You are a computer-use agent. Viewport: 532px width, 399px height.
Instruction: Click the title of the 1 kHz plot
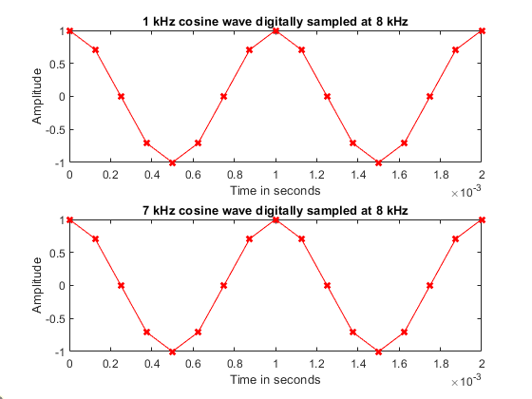(275, 20)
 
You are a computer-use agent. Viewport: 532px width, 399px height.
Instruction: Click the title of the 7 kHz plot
(275, 209)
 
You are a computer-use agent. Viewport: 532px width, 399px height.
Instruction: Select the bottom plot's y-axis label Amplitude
(38, 286)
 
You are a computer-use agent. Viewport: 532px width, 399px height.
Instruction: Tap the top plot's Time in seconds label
(275, 190)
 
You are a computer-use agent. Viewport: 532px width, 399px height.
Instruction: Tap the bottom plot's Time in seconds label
(275, 379)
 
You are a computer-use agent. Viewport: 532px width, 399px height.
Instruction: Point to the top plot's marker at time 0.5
(173, 162)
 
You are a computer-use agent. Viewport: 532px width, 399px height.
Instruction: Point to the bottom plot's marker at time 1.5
(379, 351)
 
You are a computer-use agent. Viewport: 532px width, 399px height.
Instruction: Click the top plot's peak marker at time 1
(275, 30)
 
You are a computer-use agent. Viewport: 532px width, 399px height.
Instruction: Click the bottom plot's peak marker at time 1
(275, 219)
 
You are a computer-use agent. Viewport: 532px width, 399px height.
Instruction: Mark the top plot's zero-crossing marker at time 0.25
(121, 96)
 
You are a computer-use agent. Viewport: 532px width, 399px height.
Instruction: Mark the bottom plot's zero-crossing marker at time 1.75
(430, 285)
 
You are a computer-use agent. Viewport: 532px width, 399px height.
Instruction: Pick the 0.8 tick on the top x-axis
(235, 176)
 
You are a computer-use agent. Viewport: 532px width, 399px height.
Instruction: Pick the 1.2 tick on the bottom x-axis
(317, 365)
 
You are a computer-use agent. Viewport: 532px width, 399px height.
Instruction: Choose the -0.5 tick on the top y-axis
(56, 129)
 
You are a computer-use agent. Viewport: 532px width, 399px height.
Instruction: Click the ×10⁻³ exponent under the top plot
(468, 193)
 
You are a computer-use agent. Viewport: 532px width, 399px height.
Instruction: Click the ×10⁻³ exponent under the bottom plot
(468, 382)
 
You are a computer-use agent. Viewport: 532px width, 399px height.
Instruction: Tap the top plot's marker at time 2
(482, 30)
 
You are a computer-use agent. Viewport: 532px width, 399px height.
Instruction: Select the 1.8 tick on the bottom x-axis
(441, 365)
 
